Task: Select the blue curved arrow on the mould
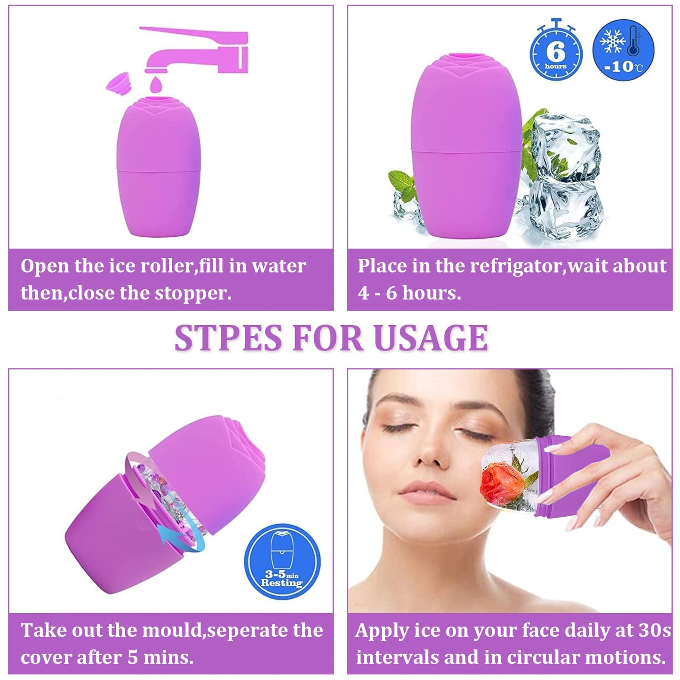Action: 179,536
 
